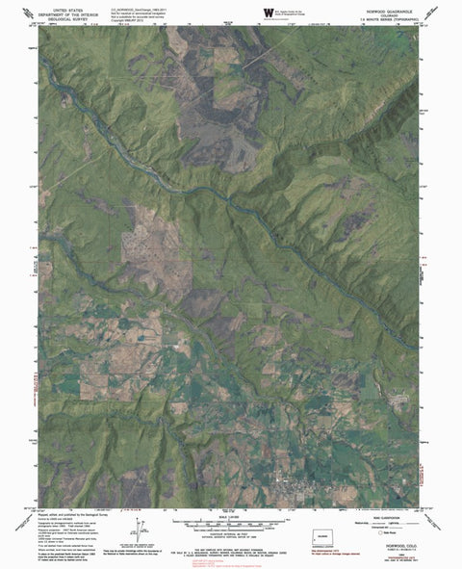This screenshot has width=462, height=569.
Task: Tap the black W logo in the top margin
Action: pyautogui.click(x=240, y=12)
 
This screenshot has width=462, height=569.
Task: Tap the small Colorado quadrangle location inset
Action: pyautogui.click(x=323, y=532)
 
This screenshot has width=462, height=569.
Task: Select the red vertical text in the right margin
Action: pyautogui.click(x=427, y=289)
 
